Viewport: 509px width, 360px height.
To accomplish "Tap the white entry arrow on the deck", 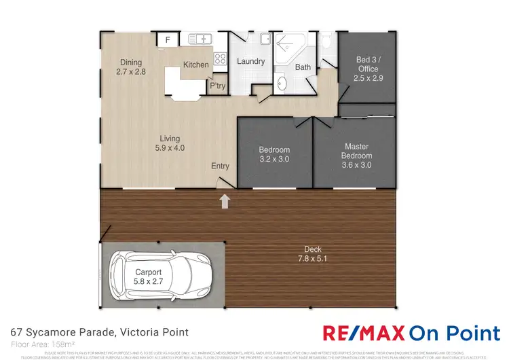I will (225, 200).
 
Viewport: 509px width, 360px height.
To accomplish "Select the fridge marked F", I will (168, 40).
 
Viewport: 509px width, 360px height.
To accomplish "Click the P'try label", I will (217, 86).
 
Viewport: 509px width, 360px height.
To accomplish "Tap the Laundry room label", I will (250, 62).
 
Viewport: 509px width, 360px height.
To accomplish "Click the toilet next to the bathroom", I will (326, 41).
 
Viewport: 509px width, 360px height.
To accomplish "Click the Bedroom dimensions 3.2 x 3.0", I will (274, 160).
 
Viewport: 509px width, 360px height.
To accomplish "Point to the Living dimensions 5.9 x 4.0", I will (170, 147).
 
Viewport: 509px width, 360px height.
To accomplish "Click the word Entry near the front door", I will (220, 166).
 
